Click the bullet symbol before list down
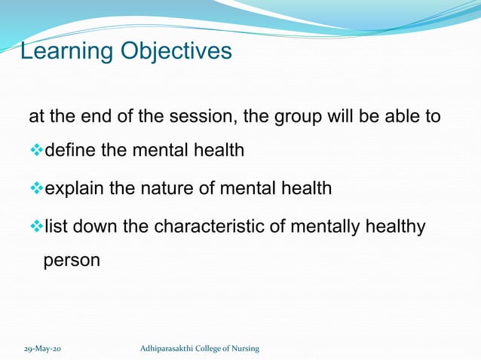click(36, 226)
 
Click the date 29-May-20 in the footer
click(43, 349)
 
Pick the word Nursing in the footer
click(244, 349)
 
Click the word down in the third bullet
click(95, 226)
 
